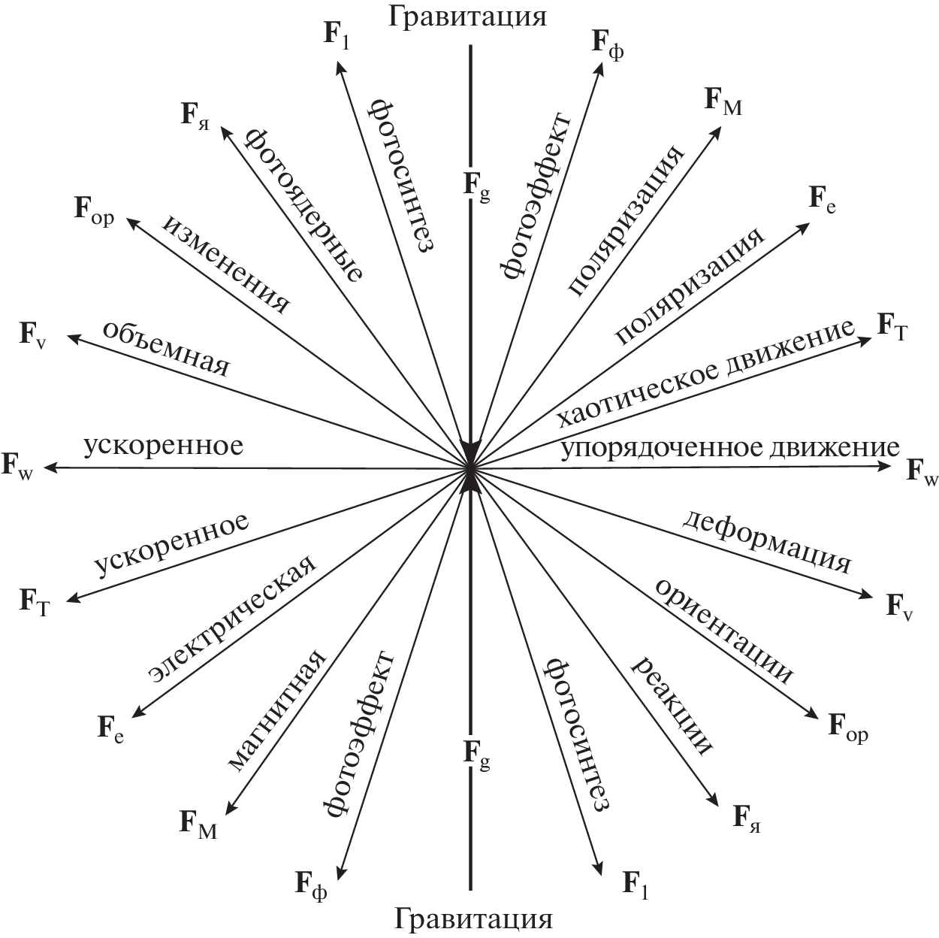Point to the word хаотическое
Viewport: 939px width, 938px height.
[x=632, y=386]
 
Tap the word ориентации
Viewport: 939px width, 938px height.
[x=723, y=631]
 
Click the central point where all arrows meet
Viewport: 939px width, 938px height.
[x=470, y=468]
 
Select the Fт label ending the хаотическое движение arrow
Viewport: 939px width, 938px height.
[x=893, y=328]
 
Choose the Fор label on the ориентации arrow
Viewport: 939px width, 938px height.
[x=848, y=727]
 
